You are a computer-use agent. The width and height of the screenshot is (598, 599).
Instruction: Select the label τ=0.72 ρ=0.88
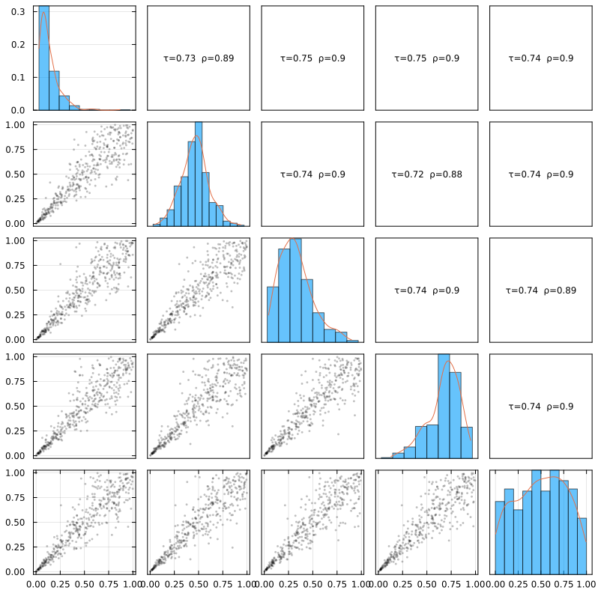pos(426,174)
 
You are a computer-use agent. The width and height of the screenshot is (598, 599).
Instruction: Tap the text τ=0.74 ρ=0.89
pos(540,290)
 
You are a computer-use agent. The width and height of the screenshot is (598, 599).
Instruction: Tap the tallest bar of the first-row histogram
pos(44,58)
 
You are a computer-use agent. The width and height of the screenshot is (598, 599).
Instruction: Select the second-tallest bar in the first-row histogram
pos(54,91)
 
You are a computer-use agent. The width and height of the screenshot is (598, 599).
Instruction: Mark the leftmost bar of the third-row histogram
pos(273,314)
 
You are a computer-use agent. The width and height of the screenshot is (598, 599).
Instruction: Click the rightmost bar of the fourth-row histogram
pos(467,443)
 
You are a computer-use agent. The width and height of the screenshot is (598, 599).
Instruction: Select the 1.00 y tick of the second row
pos(16,124)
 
